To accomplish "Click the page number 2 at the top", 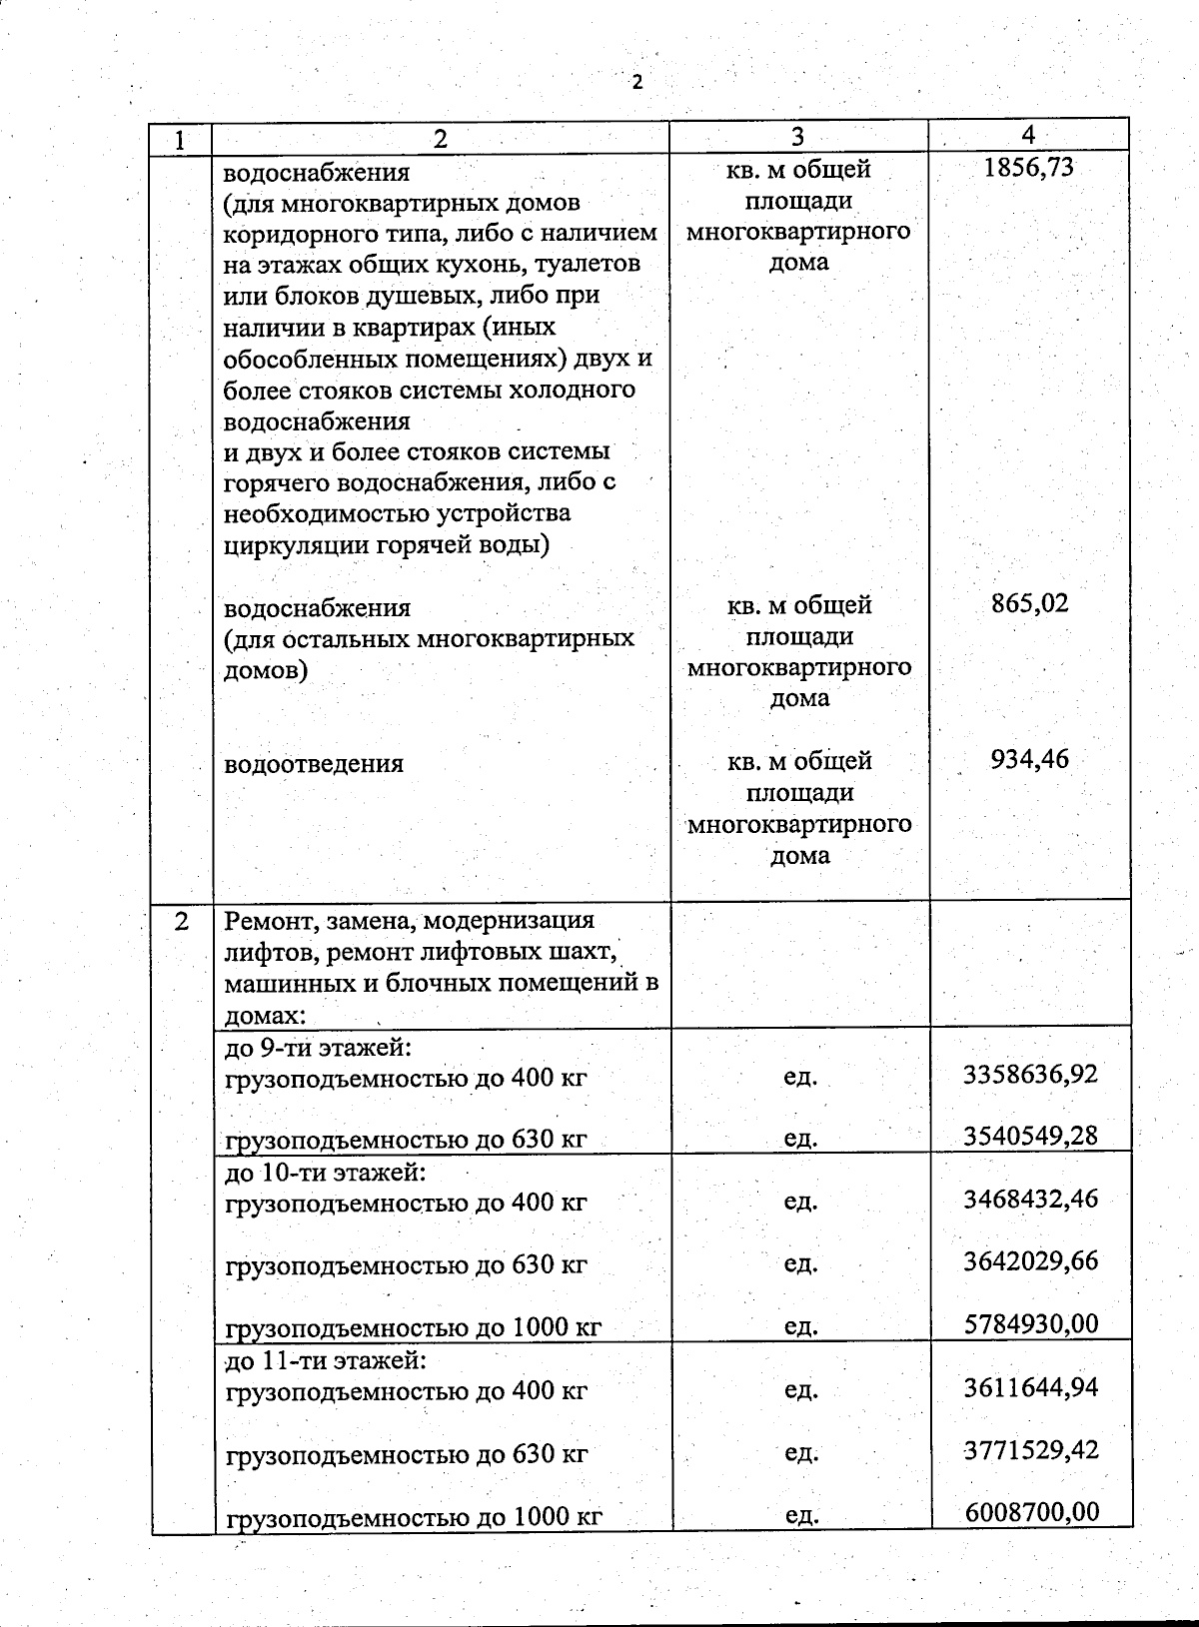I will (636, 83).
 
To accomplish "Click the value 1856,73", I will (1028, 168).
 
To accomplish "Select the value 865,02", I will (1029, 603).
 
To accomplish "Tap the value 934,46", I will (1029, 760).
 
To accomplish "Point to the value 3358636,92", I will (1030, 1075).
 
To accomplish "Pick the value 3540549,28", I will (1030, 1137).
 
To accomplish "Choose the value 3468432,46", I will (1030, 1199).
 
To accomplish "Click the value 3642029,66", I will (1030, 1261).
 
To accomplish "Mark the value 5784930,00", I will (1030, 1324).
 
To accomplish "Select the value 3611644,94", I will (1030, 1387).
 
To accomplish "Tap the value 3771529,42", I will (1030, 1449).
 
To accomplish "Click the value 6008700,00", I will (1031, 1512).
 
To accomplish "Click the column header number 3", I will (797, 137).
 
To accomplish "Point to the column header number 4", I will (1028, 135).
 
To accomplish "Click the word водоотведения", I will (314, 764).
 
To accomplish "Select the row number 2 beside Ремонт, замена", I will (181, 921).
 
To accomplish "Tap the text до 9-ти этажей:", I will (320, 1048).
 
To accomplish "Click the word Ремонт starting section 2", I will (264, 921).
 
